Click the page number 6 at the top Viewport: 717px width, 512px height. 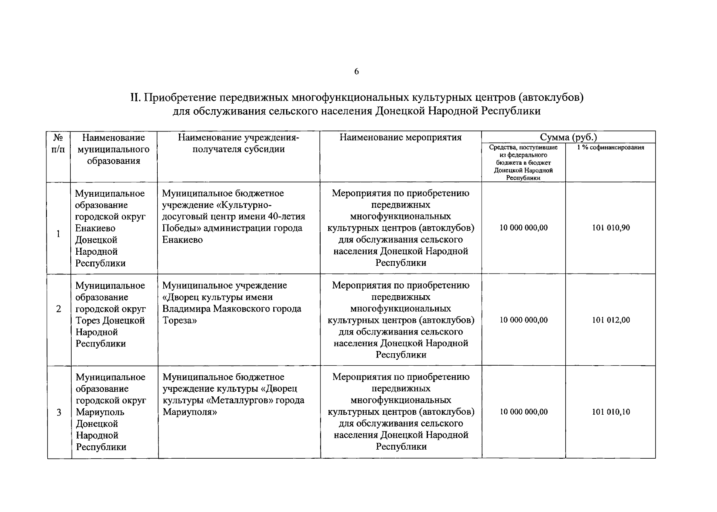(356, 72)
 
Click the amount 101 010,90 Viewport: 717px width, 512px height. (610, 228)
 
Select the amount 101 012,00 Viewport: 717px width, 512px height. (610, 320)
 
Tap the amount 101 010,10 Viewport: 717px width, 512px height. (610, 412)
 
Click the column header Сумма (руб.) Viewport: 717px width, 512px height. (568, 137)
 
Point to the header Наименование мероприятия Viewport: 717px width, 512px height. (401, 137)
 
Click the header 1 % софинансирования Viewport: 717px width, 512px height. (610, 148)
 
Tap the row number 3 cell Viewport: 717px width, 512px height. (59, 413)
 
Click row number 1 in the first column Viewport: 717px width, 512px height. (58, 234)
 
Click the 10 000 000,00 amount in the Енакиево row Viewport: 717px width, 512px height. (523, 228)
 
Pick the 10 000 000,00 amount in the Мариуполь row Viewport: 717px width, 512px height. (523, 412)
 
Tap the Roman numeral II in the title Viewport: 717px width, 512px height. (135, 98)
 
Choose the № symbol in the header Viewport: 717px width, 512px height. (58, 138)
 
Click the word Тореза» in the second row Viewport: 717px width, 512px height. (179, 320)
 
